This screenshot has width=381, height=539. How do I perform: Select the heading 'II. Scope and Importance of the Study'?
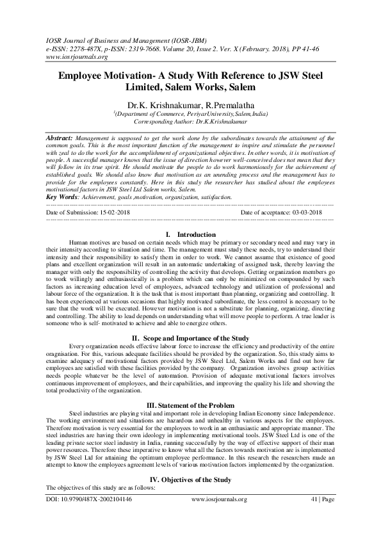[190, 337]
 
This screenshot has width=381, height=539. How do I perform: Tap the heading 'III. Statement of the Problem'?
[190, 406]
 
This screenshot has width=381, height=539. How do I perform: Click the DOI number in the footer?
[89, 517]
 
